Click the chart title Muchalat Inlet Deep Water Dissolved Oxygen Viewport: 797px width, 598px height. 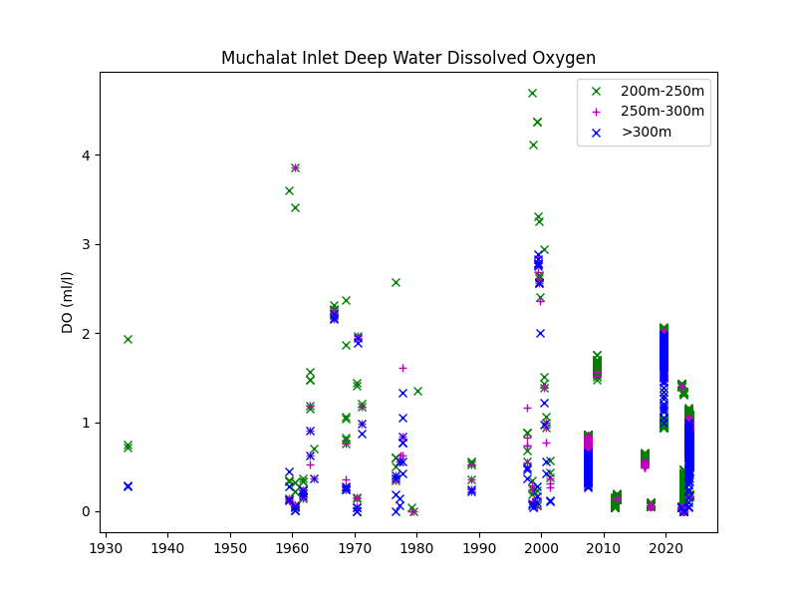408,58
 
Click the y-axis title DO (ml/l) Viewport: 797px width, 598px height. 68,303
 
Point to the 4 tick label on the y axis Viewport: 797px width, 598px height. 86,155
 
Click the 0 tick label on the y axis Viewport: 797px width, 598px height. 86,512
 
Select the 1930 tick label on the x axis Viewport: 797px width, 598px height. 106,549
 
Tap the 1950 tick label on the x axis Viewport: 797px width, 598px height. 230,549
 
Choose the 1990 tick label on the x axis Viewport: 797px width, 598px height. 479,549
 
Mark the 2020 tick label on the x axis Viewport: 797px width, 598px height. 665,549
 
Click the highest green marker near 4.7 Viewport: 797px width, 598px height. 533,93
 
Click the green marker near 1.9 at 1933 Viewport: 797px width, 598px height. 129,339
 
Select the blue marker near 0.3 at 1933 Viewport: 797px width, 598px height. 129,486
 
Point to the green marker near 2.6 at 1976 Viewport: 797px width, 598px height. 396,282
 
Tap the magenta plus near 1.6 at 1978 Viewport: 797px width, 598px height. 402,368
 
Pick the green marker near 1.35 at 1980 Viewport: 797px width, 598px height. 417,391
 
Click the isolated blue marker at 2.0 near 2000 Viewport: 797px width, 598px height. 540,333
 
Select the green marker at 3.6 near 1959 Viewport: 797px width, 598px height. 289,190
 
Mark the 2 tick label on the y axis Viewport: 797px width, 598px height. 86,334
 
